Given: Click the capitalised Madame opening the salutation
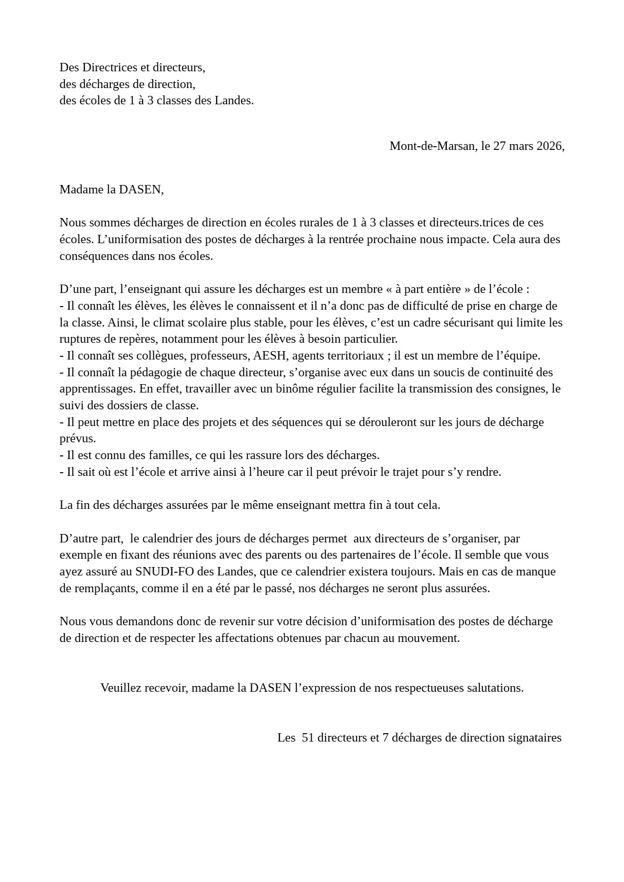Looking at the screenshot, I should [x=81, y=190].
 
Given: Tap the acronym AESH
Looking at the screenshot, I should [x=270, y=356].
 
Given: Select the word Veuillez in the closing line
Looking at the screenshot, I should [x=121, y=688].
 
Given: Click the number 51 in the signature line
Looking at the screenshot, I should [x=308, y=738].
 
